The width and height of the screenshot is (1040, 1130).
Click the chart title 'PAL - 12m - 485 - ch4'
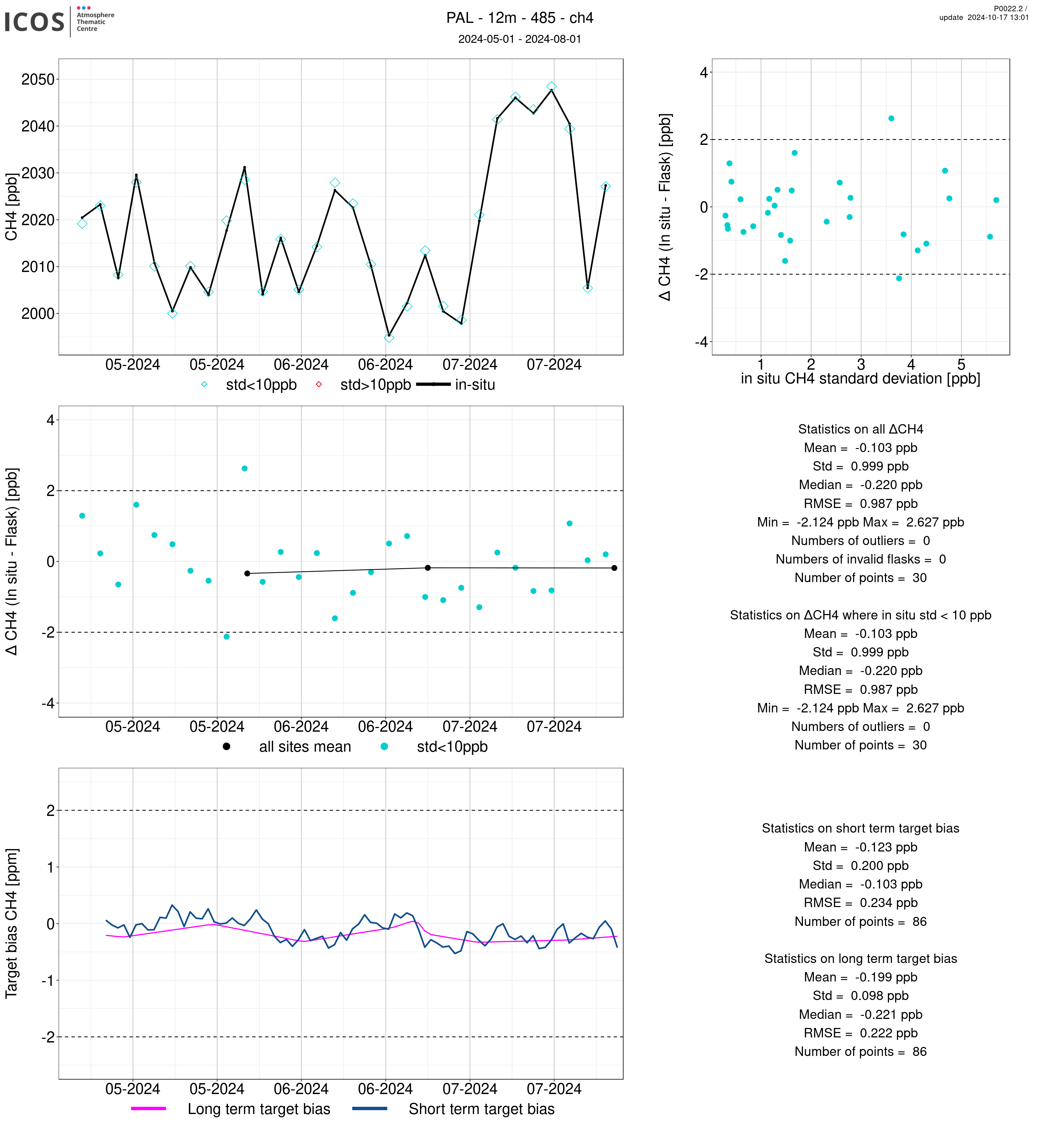519,18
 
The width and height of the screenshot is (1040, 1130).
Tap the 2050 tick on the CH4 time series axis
38,80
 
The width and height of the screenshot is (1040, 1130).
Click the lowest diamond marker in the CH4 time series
389,338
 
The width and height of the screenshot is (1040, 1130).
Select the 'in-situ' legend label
475,385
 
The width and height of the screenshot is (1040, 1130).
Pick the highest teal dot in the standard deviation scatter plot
892,119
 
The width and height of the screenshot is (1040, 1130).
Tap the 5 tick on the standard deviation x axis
961,364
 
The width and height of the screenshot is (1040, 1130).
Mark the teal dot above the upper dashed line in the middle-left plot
245,468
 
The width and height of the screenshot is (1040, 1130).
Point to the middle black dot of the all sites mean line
428,568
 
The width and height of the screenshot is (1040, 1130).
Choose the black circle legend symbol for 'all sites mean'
226,747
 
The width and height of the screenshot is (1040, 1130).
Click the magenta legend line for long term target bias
148,1109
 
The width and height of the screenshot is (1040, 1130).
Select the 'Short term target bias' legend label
481,1109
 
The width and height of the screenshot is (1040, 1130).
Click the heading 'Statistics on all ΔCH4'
860,430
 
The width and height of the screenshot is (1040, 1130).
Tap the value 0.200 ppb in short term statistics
879,866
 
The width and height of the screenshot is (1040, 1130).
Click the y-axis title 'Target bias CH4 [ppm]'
11,923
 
